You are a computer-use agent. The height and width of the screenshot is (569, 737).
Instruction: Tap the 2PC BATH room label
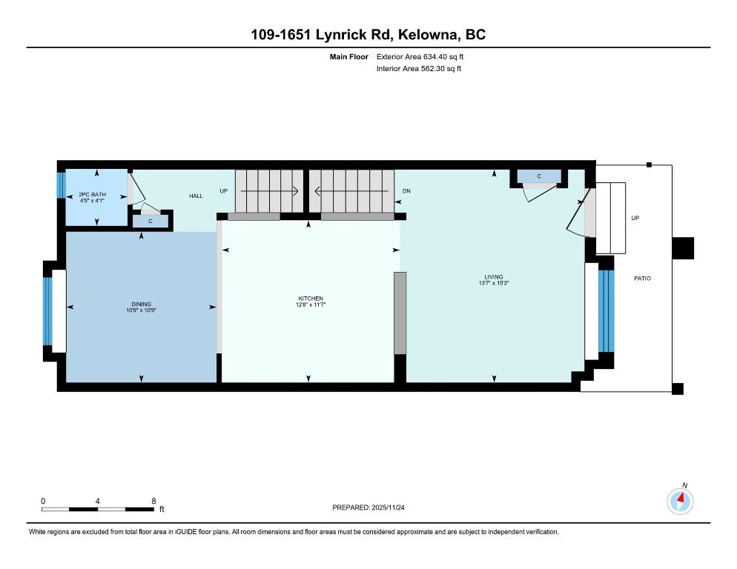click(x=92, y=195)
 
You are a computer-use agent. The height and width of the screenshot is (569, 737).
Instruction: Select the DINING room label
click(x=141, y=304)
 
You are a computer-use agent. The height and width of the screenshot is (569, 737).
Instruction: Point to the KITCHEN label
click(x=311, y=299)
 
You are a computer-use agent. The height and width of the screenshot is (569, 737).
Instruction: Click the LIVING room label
click(x=494, y=277)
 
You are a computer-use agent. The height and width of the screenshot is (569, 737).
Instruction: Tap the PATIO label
click(x=643, y=278)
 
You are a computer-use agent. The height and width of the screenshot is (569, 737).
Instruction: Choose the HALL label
click(x=196, y=196)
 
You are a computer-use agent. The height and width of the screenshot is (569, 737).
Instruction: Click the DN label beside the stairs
click(x=406, y=190)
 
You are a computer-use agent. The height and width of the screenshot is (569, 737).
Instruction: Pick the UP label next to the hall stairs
click(x=224, y=190)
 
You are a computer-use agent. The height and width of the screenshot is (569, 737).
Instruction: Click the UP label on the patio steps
click(x=635, y=218)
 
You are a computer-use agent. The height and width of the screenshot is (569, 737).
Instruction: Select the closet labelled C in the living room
click(x=539, y=176)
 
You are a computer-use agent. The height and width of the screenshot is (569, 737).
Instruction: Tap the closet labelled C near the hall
click(x=151, y=221)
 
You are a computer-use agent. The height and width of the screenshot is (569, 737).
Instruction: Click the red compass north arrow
click(x=680, y=498)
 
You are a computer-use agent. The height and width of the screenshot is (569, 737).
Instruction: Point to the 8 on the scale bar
click(x=153, y=501)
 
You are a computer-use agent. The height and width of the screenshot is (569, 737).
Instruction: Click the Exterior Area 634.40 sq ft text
click(x=420, y=57)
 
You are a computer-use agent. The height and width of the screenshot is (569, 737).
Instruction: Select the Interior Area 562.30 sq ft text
click(x=419, y=69)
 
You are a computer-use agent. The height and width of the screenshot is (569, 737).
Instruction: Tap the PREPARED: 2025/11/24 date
click(x=368, y=508)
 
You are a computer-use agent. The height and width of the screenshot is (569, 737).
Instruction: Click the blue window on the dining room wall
click(x=47, y=311)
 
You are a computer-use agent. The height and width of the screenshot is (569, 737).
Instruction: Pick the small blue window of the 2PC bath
click(x=60, y=185)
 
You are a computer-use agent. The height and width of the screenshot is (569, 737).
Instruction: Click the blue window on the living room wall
click(x=607, y=311)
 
